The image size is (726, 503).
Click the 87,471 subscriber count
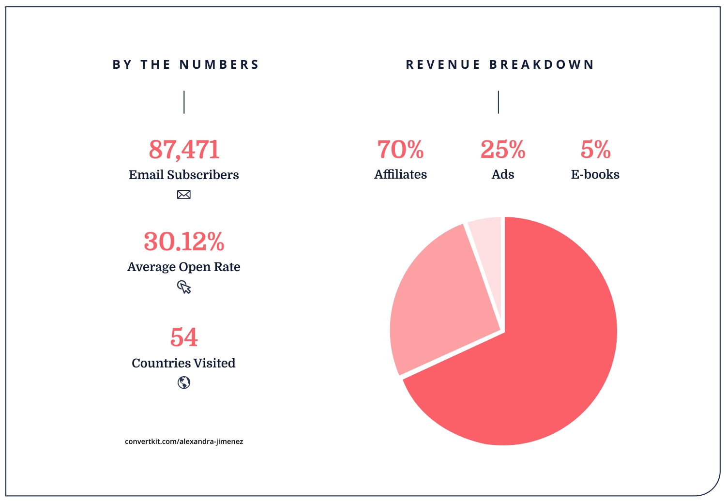click(x=184, y=150)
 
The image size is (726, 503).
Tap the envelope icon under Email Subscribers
click(x=184, y=195)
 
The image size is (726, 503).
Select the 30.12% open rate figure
click(x=184, y=242)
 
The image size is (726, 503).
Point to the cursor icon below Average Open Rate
click(x=184, y=288)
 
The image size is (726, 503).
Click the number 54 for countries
click(x=184, y=337)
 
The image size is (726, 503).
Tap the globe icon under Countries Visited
click(x=184, y=382)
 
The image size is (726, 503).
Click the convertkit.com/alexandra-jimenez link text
click(x=184, y=442)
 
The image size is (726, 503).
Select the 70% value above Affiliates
click(x=400, y=150)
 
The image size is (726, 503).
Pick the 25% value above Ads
click(x=503, y=150)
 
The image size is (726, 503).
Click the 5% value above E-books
click(x=595, y=150)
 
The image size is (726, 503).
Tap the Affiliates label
click(x=400, y=174)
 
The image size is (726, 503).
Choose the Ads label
click(x=503, y=174)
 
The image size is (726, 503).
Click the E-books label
click(x=595, y=174)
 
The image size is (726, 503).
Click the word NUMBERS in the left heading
click(x=219, y=65)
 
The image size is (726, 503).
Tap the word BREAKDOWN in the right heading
click(x=542, y=65)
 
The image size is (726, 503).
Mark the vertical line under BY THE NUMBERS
click(x=184, y=102)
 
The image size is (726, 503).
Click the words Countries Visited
click(x=184, y=363)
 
